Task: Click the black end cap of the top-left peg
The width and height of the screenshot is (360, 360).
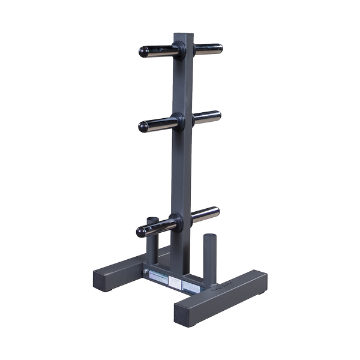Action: [x=145, y=52]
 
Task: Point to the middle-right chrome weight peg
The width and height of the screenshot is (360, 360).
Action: [x=206, y=116]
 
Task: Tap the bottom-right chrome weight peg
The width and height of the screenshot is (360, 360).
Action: [x=205, y=214]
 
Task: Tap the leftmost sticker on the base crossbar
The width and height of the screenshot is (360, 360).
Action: [x=159, y=277]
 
